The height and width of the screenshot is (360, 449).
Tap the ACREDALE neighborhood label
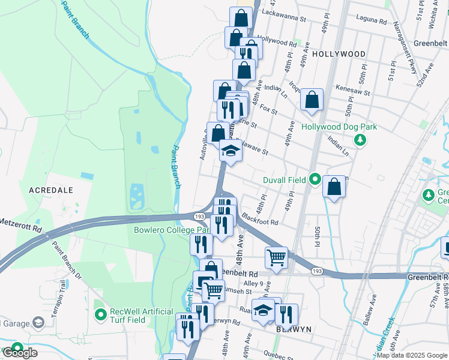(x=51, y=189)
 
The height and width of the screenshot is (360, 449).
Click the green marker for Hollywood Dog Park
(x=360, y=140)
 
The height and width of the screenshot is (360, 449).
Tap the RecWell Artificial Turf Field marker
(x=100, y=313)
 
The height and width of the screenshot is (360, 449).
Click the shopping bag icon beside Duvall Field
(x=334, y=187)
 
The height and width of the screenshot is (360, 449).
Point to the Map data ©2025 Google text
(x=412, y=355)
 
